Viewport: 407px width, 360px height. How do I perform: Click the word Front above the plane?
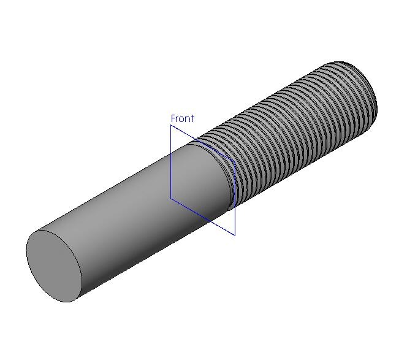click(x=183, y=118)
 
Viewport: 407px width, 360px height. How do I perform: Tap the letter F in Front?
click(x=173, y=118)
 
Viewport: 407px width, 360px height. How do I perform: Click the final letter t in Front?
click(x=192, y=119)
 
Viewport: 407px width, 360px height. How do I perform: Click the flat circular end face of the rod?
click(x=54, y=266)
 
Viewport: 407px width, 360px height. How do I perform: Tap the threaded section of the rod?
click(x=288, y=130)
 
